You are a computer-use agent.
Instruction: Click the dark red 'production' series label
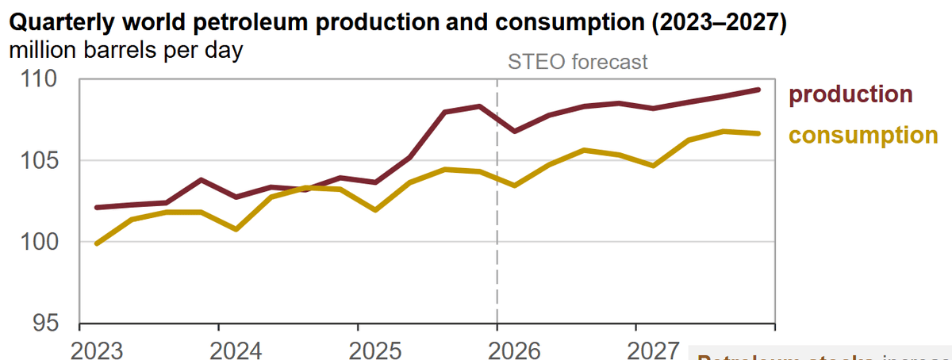[x=850, y=94]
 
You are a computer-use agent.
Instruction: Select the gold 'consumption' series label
[x=863, y=135]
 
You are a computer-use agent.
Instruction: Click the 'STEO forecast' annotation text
[x=577, y=62]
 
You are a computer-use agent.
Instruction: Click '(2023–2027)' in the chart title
[x=719, y=24]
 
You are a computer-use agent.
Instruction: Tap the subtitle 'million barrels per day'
[x=125, y=50]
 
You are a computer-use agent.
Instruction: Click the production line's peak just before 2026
[x=479, y=105]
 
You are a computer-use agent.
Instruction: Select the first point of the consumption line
[x=97, y=243]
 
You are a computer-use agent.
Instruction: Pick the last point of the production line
[x=758, y=90]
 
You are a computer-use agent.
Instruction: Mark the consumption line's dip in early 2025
[x=375, y=210]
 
